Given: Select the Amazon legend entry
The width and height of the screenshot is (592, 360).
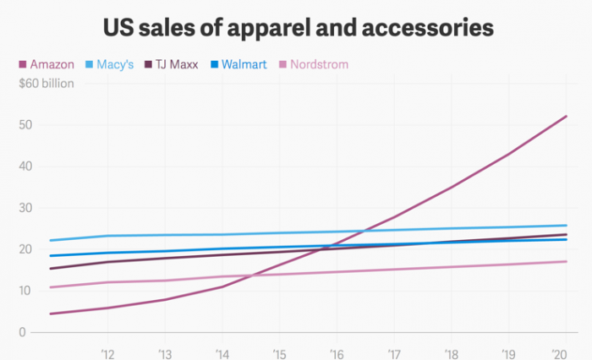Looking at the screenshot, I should (x=52, y=64).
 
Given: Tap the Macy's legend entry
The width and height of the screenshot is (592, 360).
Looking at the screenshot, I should (x=111, y=64).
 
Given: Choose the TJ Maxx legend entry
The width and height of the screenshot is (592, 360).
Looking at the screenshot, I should (x=175, y=64).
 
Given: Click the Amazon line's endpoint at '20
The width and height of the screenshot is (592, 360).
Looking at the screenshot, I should (x=566, y=116).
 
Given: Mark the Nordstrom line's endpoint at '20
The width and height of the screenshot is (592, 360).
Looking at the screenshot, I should (x=566, y=261).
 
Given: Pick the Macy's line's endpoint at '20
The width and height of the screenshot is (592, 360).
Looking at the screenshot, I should (x=566, y=226).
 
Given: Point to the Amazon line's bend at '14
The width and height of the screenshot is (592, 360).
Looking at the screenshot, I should (x=222, y=286).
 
